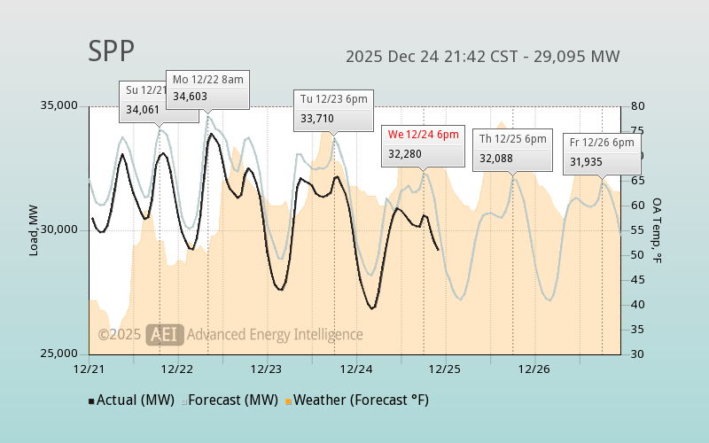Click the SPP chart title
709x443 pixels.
pos(112,51)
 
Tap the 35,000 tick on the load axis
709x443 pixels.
pos(60,106)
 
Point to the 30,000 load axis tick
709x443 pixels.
pos(60,230)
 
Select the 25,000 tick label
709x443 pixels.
pos(60,354)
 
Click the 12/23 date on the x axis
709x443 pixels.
pos(267,369)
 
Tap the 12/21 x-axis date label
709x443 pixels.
pos(89,369)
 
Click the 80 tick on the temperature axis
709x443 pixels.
pos(636,106)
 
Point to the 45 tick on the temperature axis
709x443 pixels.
pos(636,280)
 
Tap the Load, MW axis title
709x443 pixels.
pos(34,230)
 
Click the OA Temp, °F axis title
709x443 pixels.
pos(658,230)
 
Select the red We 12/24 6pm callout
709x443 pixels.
pos(423,144)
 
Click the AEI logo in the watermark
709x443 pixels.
pos(165,334)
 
